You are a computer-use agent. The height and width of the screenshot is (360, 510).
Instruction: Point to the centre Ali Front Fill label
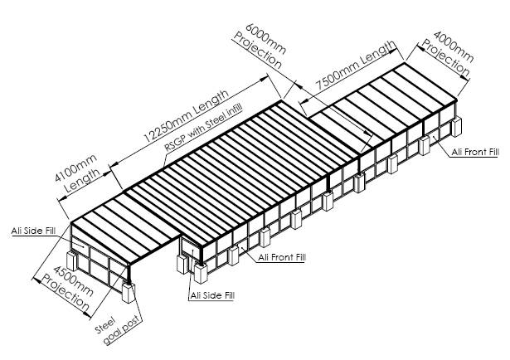(x=281, y=257)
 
